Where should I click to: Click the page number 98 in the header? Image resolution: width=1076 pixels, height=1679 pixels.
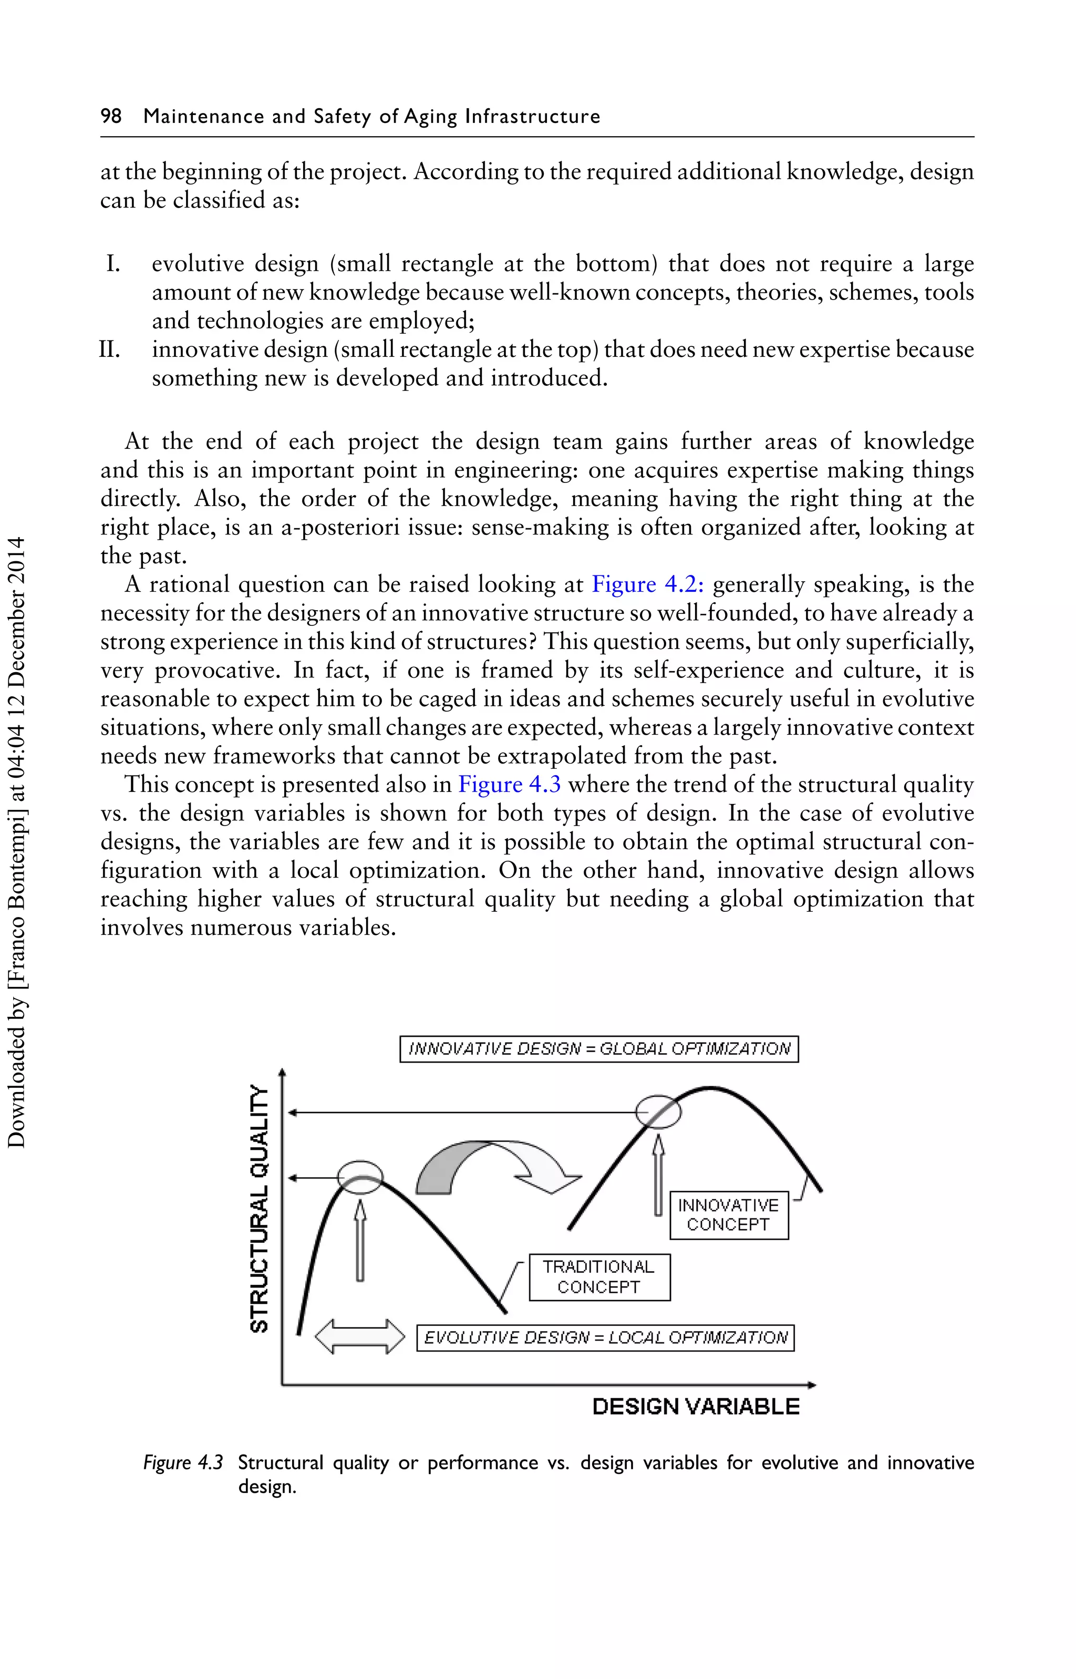tap(111, 116)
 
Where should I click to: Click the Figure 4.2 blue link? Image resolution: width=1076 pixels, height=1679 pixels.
tap(647, 584)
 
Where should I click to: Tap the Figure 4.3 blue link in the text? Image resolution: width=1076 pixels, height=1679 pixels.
tap(509, 784)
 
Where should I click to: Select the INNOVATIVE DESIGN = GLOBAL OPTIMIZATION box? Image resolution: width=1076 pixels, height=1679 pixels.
tap(599, 1049)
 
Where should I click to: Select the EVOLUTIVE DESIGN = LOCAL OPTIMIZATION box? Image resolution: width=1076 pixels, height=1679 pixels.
tap(605, 1337)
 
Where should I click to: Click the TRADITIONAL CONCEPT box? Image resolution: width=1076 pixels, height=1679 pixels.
tap(599, 1276)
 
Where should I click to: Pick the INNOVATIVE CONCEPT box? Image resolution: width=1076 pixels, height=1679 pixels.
tap(728, 1215)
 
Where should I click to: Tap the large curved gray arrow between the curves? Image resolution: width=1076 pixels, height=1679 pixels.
tap(489, 1164)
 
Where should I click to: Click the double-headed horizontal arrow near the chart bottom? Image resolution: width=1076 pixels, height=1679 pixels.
tap(360, 1337)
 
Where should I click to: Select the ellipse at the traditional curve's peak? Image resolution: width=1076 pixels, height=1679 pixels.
tap(360, 1177)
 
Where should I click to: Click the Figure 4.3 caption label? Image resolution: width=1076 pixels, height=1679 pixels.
tap(183, 1462)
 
